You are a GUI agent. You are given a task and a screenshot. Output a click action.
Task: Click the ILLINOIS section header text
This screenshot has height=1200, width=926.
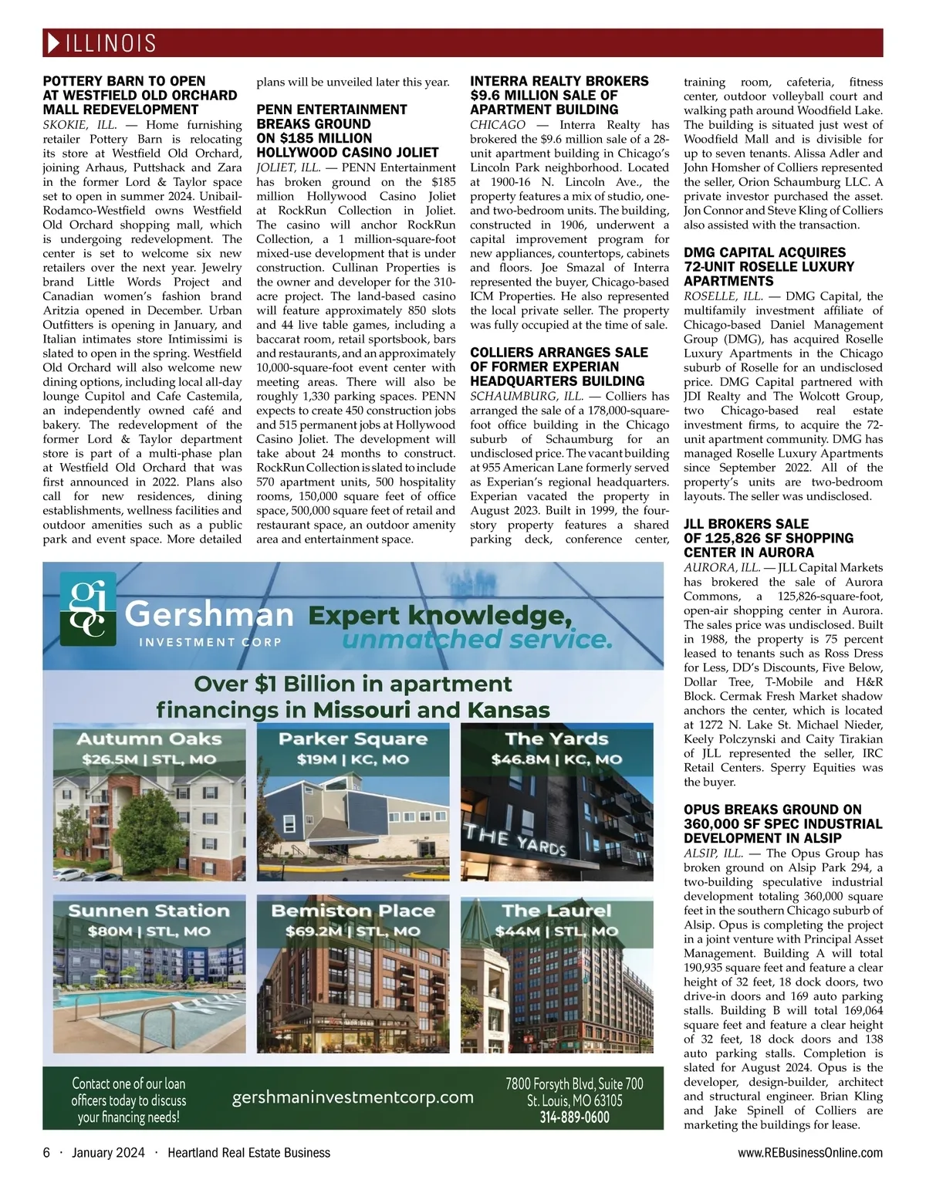click(111, 43)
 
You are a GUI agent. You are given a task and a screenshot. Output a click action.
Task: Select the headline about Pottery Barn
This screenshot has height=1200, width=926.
click(140, 96)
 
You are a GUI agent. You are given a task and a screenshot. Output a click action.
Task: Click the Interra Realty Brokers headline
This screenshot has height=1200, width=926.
click(559, 96)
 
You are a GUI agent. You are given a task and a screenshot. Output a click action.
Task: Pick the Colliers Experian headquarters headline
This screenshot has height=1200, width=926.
click(559, 367)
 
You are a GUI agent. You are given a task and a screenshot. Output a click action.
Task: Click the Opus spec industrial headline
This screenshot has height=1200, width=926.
click(772, 823)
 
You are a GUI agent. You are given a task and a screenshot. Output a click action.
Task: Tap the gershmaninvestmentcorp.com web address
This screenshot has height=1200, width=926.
click(353, 1097)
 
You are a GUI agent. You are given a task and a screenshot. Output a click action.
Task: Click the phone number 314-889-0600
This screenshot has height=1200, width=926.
click(574, 1117)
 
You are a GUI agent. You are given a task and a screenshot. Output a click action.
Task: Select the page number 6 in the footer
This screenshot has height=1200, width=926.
click(46, 1153)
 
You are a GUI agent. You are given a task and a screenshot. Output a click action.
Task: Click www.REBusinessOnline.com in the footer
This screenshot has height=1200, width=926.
click(809, 1153)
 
